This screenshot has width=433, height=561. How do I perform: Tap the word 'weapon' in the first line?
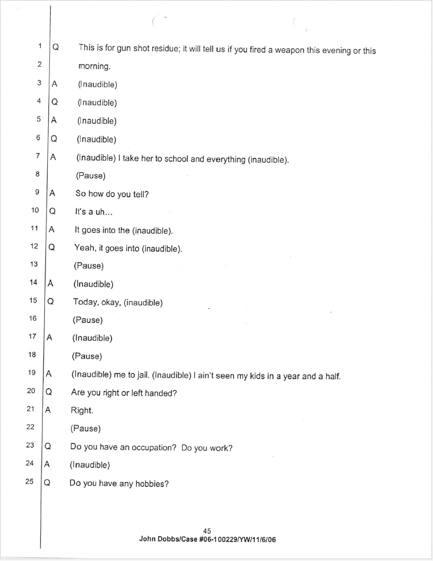[x=290, y=50]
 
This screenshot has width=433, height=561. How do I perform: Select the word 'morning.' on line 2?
[x=94, y=66]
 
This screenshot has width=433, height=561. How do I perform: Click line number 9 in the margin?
[x=37, y=192]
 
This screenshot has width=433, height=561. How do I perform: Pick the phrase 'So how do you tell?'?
[x=112, y=194]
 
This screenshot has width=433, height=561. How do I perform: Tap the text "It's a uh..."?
[x=93, y=212]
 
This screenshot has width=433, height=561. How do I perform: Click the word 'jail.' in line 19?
[x=139, y=375]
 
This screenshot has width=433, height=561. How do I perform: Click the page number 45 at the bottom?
[x=207, y=531]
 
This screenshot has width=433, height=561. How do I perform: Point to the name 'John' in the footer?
[x=147, y=539]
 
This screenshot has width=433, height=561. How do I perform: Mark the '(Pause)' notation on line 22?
[x=85, y=429]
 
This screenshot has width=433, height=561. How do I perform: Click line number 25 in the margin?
[x=29, y=482]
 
